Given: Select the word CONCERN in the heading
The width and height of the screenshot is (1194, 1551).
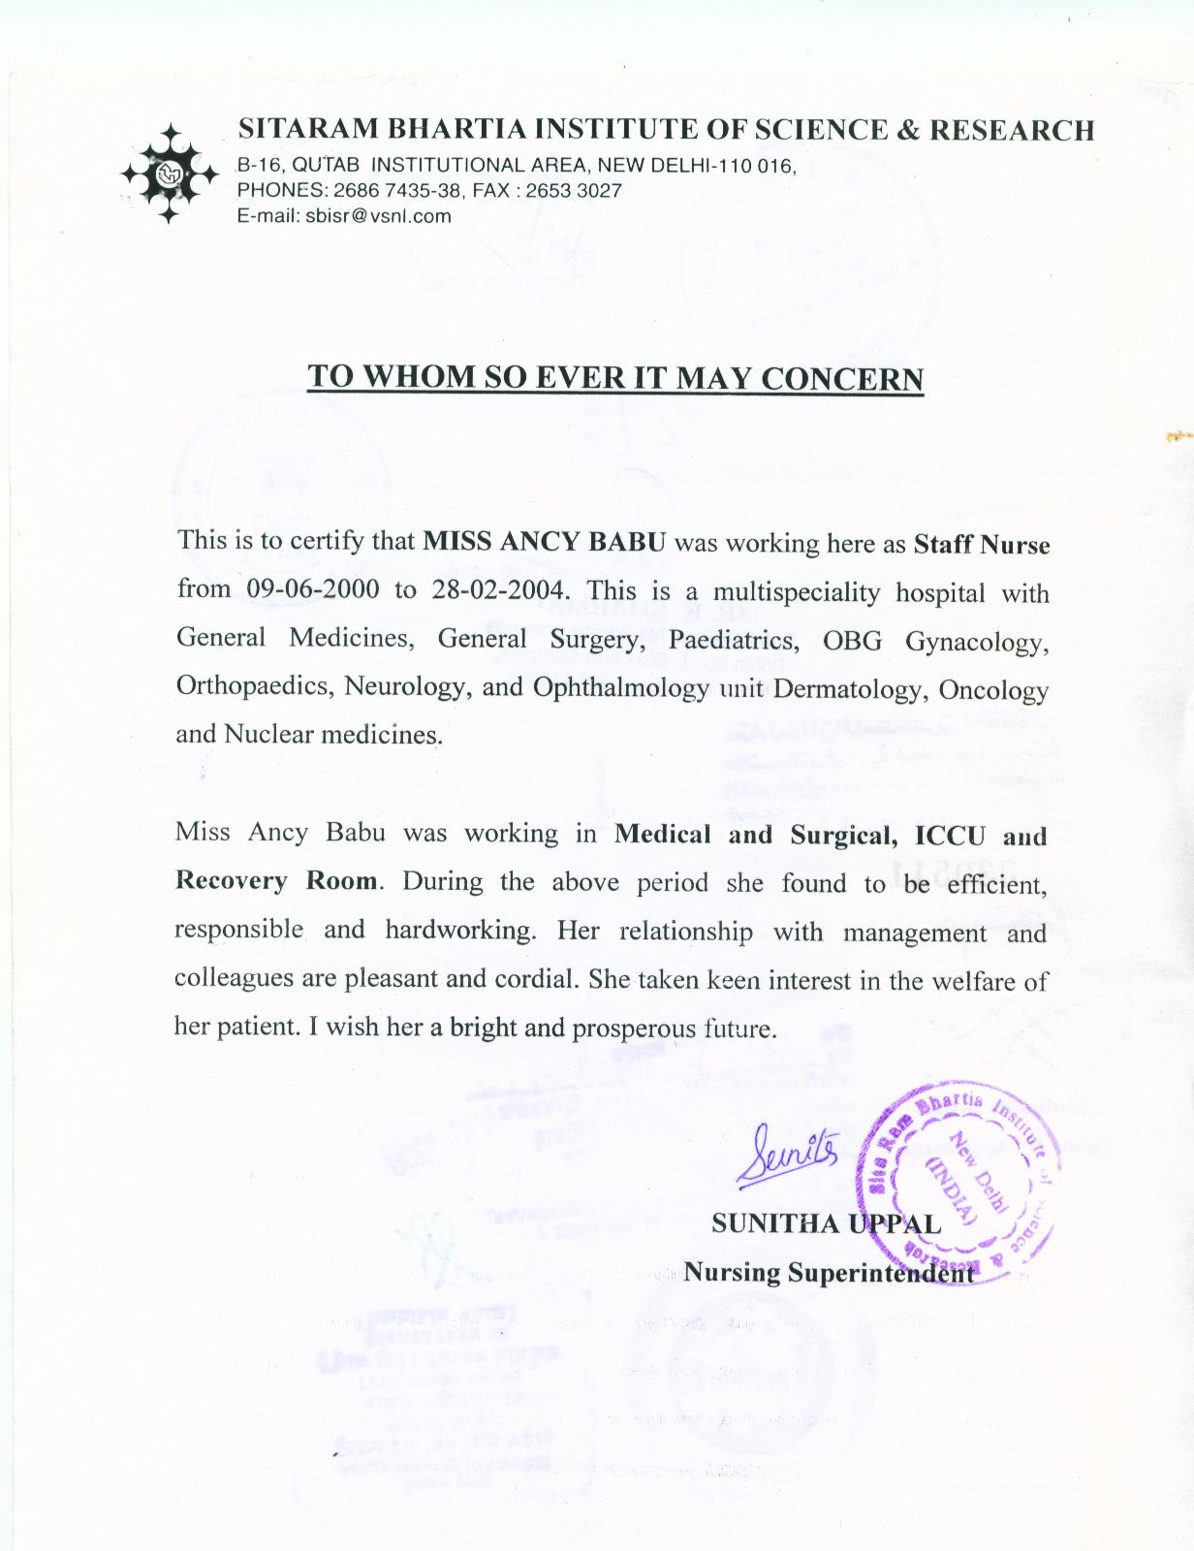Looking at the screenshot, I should tap(841, 378).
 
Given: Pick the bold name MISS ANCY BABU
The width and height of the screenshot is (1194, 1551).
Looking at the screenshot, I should tap(545, 541).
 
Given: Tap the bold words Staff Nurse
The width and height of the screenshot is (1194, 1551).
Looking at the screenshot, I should tap(981, 544).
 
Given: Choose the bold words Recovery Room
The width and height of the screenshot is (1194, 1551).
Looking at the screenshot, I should tap(275, 881).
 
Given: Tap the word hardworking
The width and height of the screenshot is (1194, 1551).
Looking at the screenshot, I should tap(459, 931).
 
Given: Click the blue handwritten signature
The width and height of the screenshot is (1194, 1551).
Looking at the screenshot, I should tap(785, 1154).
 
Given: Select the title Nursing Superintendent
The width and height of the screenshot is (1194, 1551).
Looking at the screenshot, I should tap(829, 1273).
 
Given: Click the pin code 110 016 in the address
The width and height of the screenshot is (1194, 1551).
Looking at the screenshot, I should tap(760, 166).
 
